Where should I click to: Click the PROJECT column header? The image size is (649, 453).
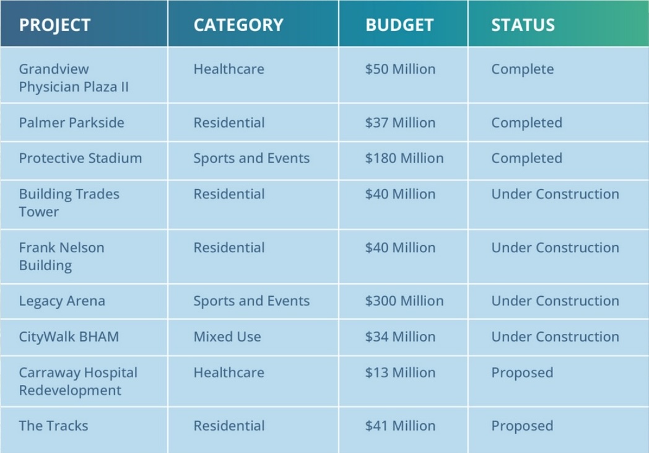pos(54,25)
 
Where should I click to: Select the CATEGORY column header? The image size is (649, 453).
pos(238,25)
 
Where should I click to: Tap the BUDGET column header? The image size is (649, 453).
pos(399,25)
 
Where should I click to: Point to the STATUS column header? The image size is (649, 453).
pos(523,25)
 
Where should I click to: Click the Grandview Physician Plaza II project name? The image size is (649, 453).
pos(74,77)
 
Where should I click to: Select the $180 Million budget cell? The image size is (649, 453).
pos(404,158)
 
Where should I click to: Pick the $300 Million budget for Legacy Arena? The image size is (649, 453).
pos(404,301)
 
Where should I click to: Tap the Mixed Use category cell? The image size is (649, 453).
pos(227,337)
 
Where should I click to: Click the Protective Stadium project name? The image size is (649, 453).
pos(80,158)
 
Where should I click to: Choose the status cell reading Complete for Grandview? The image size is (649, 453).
pos(522,69)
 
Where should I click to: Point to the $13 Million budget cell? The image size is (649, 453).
pos(400,373)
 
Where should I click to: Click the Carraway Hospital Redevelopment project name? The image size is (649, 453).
pos(78,382)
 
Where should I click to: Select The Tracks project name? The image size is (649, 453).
pos(53,426)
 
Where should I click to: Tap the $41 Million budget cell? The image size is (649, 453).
pos(400,426)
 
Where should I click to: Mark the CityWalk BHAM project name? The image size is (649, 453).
pos(68,337)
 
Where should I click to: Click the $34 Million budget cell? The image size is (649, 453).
pos(400,337)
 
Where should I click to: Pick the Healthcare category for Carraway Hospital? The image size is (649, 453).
pos(229,373)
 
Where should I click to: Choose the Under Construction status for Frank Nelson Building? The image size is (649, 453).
pos(555,248)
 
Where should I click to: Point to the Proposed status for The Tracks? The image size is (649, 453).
pos(522,426)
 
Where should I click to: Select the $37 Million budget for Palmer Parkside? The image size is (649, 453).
pos(400,123)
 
